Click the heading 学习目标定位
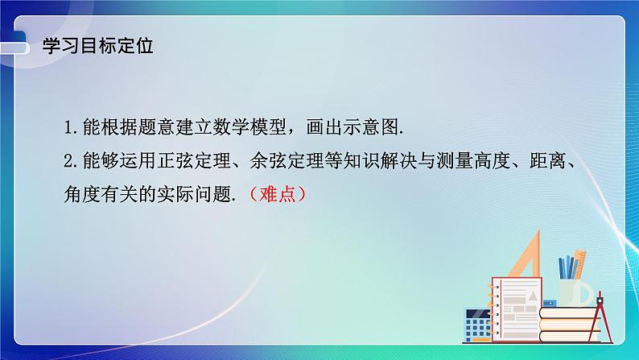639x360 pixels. point(97,45)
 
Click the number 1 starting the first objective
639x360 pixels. point(69,128)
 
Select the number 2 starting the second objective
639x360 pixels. point(69,161)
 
